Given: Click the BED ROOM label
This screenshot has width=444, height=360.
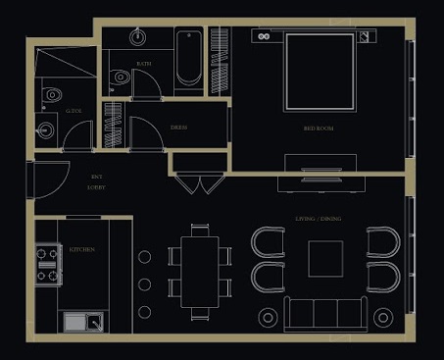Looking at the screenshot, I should tap(318, 129).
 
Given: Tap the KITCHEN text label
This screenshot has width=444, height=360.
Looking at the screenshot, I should tap(82, 250).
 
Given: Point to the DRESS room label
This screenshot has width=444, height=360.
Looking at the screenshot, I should tap(179, 128).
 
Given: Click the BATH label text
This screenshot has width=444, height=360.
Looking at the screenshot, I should tap(143, 64).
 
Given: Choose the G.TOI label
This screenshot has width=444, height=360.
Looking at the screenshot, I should tap(74, 112).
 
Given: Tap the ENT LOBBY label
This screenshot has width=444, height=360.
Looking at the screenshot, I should tap(97, 181).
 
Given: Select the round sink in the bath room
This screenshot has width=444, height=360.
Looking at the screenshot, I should tap(138, 37).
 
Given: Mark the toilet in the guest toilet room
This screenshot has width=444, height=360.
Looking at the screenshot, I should tap(52, 95).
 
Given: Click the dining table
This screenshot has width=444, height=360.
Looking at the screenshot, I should tap(200, 272).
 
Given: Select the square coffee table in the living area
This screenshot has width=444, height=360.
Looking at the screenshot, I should tap(325, 260).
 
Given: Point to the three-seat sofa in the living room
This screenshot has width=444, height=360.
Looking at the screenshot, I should tap(324, 314).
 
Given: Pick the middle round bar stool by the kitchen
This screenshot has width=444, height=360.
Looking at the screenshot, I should tap(144, 284).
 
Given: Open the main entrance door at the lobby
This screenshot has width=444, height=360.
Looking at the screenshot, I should tap(44, 180).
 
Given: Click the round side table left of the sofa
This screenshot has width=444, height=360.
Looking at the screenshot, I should tap(268, 317).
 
